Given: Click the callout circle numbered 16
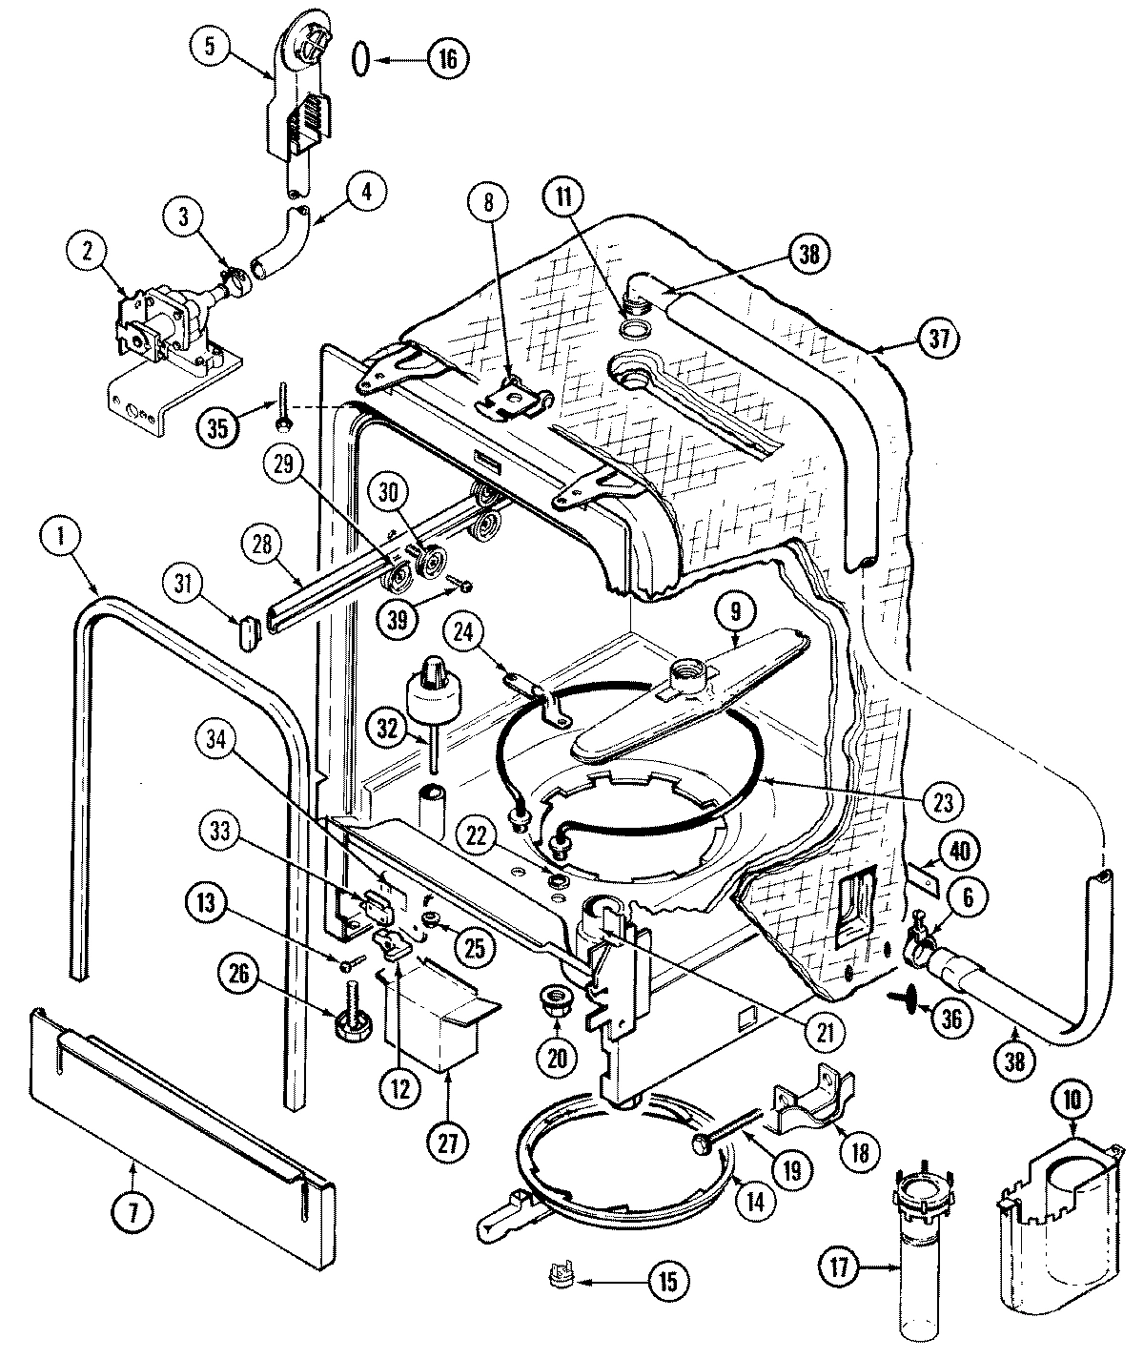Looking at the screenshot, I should coord(448,58).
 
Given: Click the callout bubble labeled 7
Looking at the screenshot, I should coord(133,1210).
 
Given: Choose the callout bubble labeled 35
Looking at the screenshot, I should coord(218,426).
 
